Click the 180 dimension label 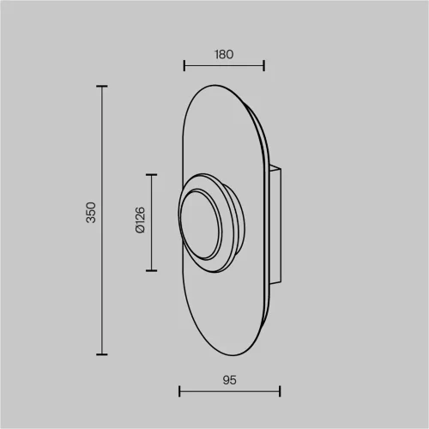click(224, 54)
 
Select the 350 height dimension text click(91, 213)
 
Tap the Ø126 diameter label click(141, 221)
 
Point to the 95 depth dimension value click(229, 380)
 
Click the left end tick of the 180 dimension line click(184, 65)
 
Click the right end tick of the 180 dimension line click(263, 65)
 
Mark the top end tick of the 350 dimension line click(102, 86)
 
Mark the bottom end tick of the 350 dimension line click(102, 354)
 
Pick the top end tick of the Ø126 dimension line click(151, 174)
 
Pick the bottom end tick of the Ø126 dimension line click(151, 270)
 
